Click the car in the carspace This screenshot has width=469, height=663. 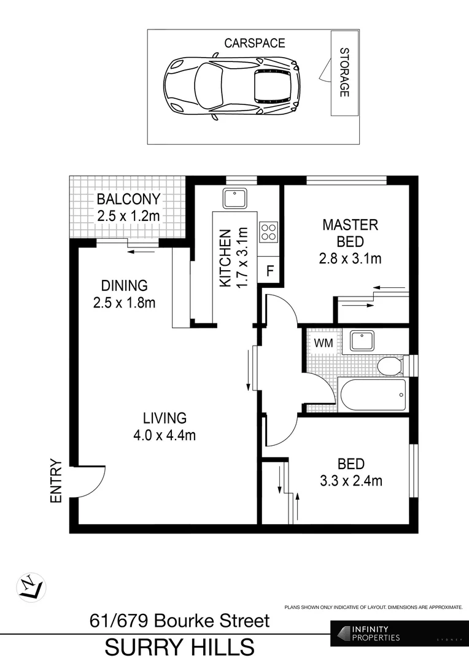tap(231, 85)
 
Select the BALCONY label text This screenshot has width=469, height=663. tap(128, 200)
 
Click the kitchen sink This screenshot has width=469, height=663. tap(234, 198)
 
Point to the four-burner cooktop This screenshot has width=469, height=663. tap(268, 231)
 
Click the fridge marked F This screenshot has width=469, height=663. tap(269, 271)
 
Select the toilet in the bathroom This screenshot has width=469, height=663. tap(389, 366)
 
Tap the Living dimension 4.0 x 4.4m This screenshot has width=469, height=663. tap(165, 435)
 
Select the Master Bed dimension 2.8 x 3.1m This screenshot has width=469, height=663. tap(351, 258)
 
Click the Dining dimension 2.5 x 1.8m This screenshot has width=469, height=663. tap(125, 302)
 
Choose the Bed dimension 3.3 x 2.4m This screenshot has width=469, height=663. tap(351, 481)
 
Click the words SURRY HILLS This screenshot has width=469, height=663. tap(180, 647)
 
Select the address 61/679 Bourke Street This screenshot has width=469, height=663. tap(180, 621)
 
